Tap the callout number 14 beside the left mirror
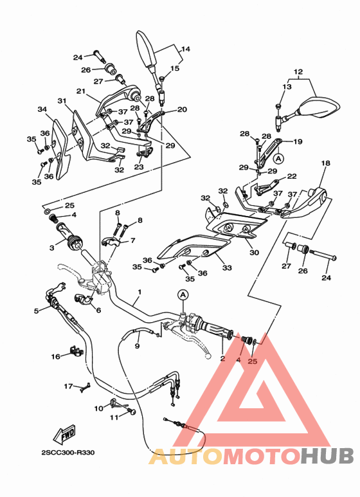185,49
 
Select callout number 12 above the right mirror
298,71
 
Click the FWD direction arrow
67,436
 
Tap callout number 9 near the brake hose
137,346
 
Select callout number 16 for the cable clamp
56,356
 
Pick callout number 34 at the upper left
42,109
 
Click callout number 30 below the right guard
254,253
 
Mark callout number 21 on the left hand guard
81,91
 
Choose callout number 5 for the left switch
37,311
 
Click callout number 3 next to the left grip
52,247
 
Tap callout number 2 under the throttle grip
222,359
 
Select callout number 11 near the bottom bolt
114,417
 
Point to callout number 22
291,176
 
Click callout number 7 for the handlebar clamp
132,240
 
